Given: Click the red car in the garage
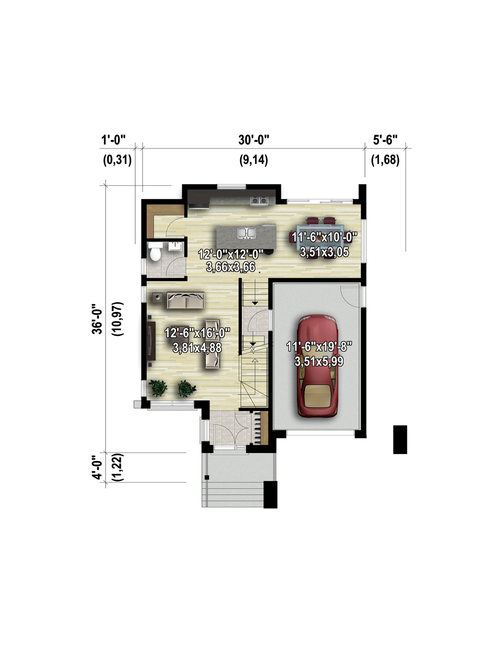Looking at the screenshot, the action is (x=318, y=366).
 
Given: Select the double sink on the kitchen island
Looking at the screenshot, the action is (x=246, y=233).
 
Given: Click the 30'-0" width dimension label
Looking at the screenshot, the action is (x=254, y=140).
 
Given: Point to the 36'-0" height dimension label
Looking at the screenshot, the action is (x=98, y=319).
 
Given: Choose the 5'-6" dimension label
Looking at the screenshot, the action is (x=385, y=140).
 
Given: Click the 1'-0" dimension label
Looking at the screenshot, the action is (x=113, y=140).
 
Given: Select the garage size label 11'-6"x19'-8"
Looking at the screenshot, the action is (x=319, y=347).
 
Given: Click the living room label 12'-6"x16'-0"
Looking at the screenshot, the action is (x=197, y=333).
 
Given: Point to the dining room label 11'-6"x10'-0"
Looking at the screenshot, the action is (x=324, y=237).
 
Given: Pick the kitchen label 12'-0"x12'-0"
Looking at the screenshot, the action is (x=231, y=254).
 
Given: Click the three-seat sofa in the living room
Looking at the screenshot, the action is (x=186, y=300).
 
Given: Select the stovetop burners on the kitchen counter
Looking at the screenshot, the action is (x=259, y=200).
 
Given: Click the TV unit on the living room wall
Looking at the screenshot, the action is (x=152, y=341).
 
